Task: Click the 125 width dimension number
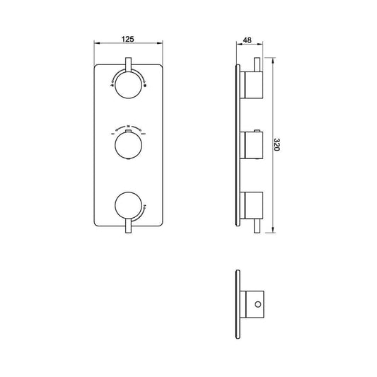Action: point(127,40)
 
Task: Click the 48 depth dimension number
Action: point(247,40)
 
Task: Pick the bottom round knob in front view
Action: point(127,206)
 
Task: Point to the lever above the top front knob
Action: point(127,66)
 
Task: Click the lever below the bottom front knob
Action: point(127,225)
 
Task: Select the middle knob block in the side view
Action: point(253,146)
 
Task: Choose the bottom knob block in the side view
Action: point(253,206)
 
